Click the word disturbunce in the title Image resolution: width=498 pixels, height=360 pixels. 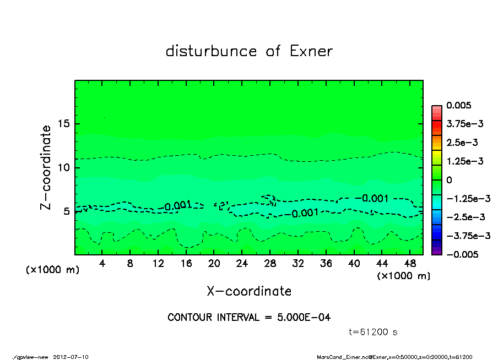coord(211,51)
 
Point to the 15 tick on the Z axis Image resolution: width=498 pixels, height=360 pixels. coord(63,124)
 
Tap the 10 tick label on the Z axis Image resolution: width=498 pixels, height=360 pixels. coord(63,167)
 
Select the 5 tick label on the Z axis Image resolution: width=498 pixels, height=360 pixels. coord(66,211)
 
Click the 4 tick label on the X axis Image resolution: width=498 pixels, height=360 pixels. coord(102,264)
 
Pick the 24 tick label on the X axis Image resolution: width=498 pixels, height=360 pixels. coord(242,264)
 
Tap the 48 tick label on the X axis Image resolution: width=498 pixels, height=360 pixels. coord(409,264)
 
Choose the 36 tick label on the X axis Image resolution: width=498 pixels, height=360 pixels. coord(326,264)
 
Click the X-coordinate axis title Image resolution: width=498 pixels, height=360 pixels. coord(249,291)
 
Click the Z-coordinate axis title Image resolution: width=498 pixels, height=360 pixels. coord(46,167)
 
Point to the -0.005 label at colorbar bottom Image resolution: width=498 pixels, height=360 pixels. coord(462,254)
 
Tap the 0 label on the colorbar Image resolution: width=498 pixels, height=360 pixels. coord(449,180)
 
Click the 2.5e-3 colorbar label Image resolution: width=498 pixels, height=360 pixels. coord(462,143)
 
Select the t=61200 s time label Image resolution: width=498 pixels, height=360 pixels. coord(373,332)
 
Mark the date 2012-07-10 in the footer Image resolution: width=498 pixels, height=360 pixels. coord(71,356)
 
